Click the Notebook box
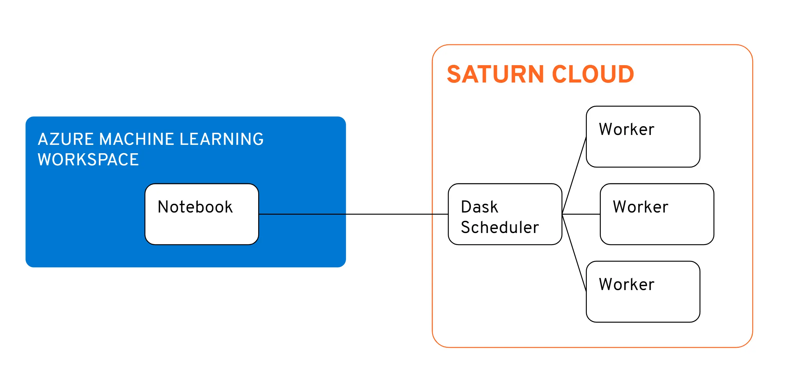202,226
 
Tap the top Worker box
643,149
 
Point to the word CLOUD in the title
593,74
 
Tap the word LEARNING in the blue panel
222,139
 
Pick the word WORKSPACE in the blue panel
88,160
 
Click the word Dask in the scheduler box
479,207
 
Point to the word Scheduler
500,227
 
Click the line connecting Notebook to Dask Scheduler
388,214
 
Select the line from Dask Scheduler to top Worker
574,175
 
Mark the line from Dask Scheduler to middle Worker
581,214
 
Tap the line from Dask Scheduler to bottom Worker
574,253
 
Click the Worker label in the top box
627,129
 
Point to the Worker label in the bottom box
627,284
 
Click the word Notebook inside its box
195,207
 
